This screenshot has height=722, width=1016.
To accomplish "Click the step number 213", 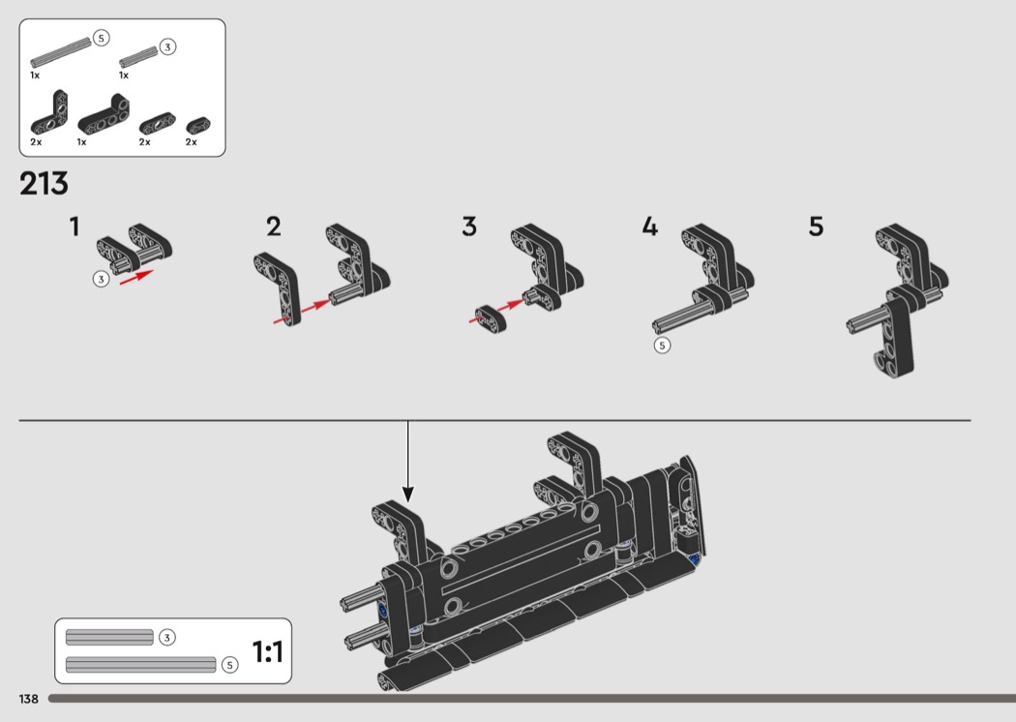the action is (x=45, y=184).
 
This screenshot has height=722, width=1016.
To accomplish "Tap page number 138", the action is (x=28, y=699).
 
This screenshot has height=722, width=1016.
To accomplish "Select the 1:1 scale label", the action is (x=268, y=651).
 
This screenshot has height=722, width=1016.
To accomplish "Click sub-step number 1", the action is (x=75, y=226).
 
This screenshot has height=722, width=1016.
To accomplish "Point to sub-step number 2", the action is (x=274, y=226).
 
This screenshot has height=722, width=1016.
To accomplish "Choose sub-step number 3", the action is (x=469, y=226).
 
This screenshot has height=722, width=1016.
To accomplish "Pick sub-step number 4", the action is (x=650, y=226).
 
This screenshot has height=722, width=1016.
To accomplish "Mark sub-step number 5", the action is (x=817, y=226).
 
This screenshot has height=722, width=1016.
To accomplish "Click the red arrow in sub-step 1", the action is (x=136, y=277).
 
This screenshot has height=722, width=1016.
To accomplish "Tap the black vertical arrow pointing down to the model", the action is (x=407, y=462).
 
